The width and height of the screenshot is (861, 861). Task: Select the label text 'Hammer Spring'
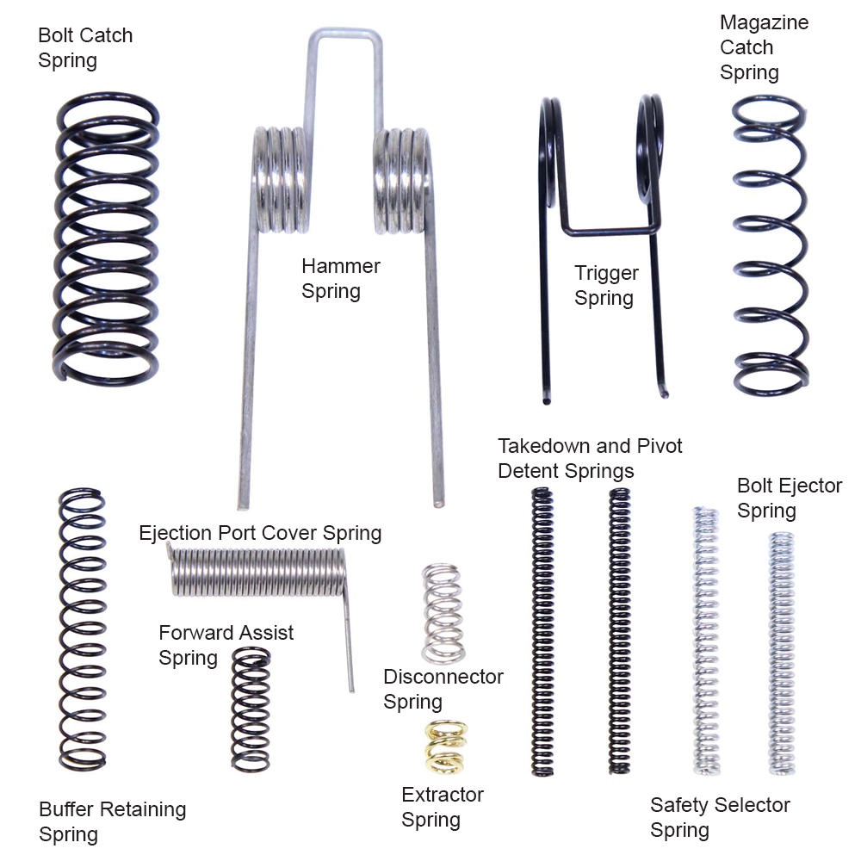coord(340,278)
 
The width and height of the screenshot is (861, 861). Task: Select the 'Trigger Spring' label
coord(606,286)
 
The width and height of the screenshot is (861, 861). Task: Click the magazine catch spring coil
coord(770,245)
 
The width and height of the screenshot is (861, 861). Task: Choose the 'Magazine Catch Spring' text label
coord(764,47)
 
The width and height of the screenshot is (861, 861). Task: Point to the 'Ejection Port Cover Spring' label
coord(260,533)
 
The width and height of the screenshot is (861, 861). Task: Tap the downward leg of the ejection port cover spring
coord(349,646)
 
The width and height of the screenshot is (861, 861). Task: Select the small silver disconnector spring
coord(443,612)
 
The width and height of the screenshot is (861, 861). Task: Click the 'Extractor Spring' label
coord(443,807)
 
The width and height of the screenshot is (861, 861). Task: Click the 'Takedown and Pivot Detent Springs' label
coord(590,458)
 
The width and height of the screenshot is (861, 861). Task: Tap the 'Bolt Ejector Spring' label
coord(789,498)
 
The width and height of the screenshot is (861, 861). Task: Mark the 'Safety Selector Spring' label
coord(720,818)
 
